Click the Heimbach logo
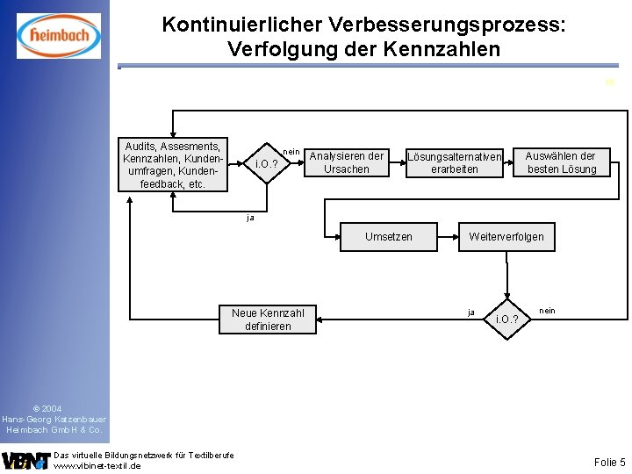click(x=58, y=36)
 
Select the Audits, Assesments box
click(x=172, y=164)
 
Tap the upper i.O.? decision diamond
click(x=267, y=164)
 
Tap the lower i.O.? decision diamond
click(x=507, y=319)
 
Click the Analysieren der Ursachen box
click(x=347, y=163)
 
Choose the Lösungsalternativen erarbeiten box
click(x=454, y=163)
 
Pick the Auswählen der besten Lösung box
click(x=562, y=163)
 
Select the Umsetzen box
click(x=388, y=237)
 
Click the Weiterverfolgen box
click(x=506, y=237)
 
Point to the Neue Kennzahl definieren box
click(x=268, y=320)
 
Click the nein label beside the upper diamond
click(x=291, y=152)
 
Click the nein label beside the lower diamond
click(x=547, y=311)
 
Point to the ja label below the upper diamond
click(x=251, y=217)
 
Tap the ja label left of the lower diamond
click(x=471, y=312)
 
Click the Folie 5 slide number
click(x=609, y=462)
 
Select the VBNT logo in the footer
click(x=25, y=460)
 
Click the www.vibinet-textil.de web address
click(x=97, y=466)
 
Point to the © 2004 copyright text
click(x=47, y=409)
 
